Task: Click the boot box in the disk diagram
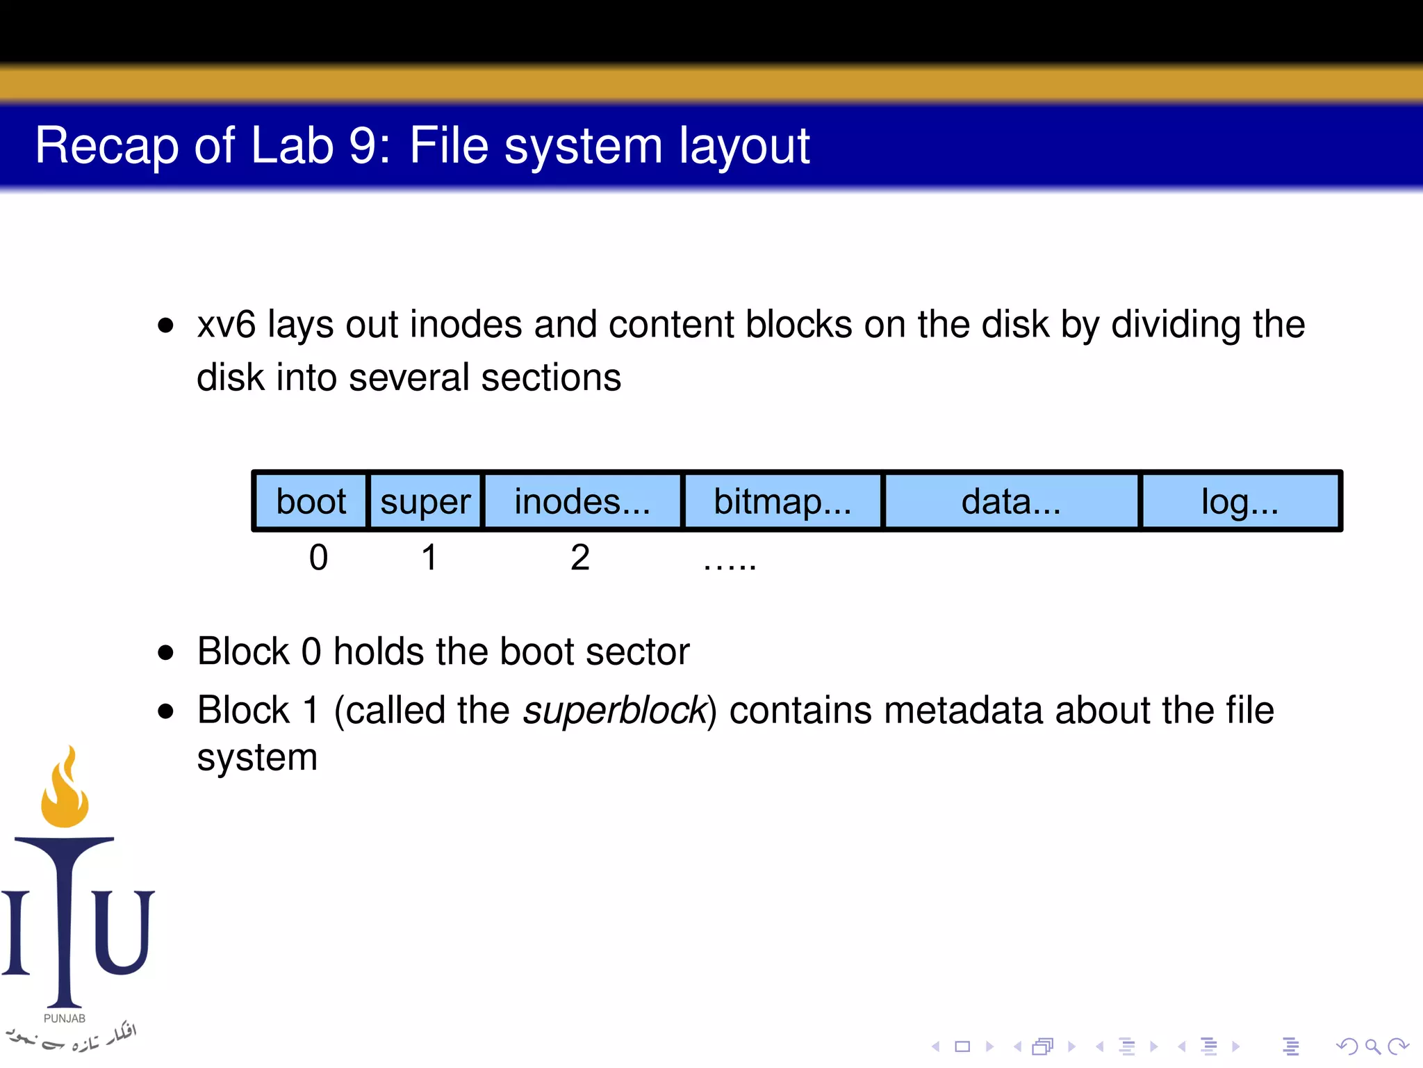pyautogui.click(x=311, y=501)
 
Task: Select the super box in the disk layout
pyautogui.click(x=425, y=501)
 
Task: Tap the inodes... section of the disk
pyautogui.click(x=582, y=501)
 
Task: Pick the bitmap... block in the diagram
pyautogui.click(x=782, y=501)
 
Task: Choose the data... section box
pyautogui.click(x=1011, y=501)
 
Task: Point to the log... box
pyautogui.click(x=1240, y=501)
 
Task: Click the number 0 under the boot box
pyautogui.click(x=318, y=558)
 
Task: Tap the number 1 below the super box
pyautogui.click(x=429, y=558)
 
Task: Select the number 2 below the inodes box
pyautogui.click(x=580, y=558)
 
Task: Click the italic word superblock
pyautogui.click(x=614, y=711)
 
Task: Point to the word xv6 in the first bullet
pyautogui.click(x=227, y=325)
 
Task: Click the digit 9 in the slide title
pyautogui.click(x=363, y=145)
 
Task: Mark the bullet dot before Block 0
pyautogui.click(x=165, y=652)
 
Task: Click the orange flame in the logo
pyautogui.click(x=65, y=793)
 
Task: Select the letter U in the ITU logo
pyautogui.click(x=123, y=932)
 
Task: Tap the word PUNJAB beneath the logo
pyautogui.click(x=65, y=1019)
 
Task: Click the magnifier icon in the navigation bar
pyautogui.click(x=1372, y=1046)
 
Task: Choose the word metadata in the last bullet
pyautogui.click(x=963, y=711)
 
